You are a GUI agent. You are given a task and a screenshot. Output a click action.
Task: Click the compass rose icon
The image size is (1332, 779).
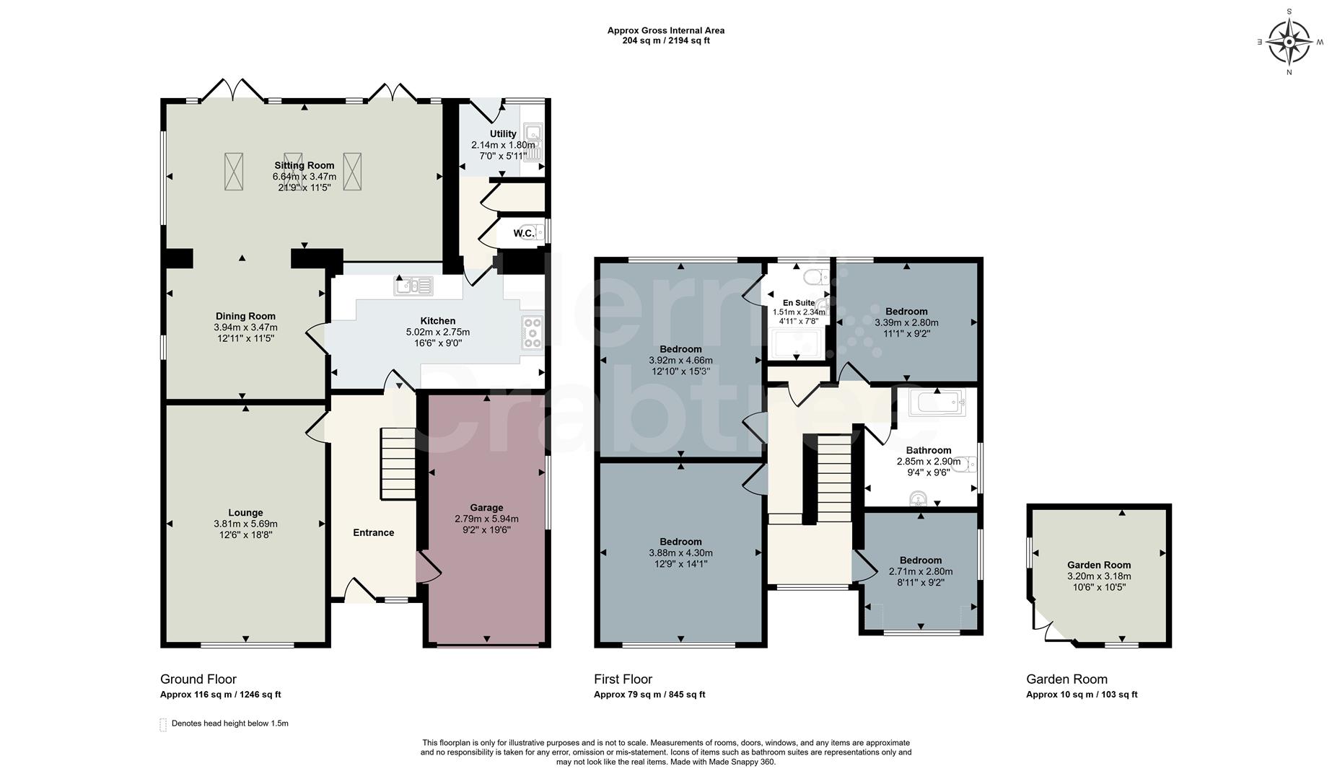pos(1289,41)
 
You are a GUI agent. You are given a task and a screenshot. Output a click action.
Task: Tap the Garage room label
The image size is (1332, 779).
pos(486,508)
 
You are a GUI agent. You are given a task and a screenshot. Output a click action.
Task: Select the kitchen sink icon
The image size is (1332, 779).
pos(413,286)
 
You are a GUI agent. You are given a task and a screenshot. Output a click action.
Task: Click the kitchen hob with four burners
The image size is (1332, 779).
pos(532,333)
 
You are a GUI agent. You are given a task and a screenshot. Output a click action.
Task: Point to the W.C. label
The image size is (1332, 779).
pos(524,233)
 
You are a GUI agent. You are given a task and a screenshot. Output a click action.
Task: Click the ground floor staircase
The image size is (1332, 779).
pos(398,463)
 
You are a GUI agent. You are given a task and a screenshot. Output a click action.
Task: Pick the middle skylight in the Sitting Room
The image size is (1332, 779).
pos(293,171)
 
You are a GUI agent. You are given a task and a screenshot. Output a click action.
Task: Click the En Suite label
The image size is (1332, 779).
pos(799,303)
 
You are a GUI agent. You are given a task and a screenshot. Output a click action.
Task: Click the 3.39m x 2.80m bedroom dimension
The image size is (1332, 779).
pos(906,323)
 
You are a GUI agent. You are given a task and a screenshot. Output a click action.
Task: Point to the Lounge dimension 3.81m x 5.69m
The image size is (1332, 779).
pos(245,524)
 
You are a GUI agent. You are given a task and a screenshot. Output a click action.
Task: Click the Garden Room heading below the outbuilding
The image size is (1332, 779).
pos(1066,679)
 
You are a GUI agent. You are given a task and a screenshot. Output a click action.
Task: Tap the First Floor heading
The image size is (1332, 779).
pos(623,679)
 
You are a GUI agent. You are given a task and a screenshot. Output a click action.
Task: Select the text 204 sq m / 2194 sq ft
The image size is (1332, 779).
pos(665,41)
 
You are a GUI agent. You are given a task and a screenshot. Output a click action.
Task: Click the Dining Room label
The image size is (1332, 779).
pos(245,316)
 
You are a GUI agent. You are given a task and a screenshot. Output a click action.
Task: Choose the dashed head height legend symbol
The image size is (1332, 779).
pos(163,724)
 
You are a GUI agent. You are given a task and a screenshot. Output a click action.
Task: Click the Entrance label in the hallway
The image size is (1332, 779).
pos(373,533)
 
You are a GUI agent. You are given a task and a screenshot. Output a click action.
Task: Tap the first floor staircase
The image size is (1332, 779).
pos(834,477)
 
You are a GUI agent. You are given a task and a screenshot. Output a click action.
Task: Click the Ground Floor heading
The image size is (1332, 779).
pos(198,679)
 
